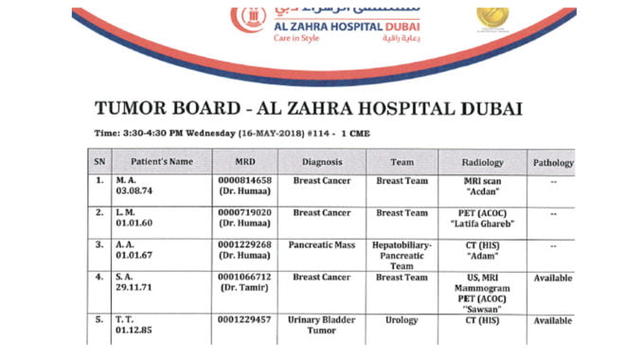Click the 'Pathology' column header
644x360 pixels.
click(x=553, y=163)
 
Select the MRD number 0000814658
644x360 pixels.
click(x=244, y=180)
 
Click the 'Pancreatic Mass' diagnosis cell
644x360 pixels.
click(x=321, y=244)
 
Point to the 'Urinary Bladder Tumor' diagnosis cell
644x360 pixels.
click(x=321, y=326)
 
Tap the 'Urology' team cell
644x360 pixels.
click(x=402, y=320)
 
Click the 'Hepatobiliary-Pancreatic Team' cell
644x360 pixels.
click(x=402, y=254)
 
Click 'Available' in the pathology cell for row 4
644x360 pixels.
click(x=553, y=278)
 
